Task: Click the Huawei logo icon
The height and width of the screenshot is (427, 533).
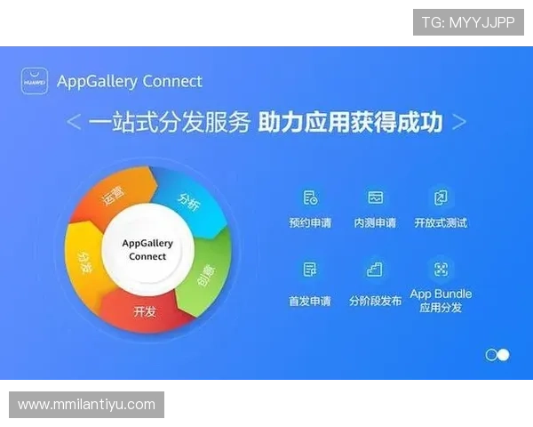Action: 35,81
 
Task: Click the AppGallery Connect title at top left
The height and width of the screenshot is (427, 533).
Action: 130,81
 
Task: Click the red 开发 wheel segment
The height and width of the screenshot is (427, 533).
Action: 145,311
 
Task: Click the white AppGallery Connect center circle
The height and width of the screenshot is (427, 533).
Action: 147,250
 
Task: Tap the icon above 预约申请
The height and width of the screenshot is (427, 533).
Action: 310,197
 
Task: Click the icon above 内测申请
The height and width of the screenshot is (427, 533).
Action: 375,197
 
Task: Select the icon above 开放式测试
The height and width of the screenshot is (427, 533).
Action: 440,197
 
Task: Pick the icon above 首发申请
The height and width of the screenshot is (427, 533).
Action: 310,270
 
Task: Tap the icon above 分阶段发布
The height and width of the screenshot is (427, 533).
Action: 375,270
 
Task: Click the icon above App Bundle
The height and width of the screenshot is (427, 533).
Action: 440,270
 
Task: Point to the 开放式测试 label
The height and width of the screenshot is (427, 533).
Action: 441,222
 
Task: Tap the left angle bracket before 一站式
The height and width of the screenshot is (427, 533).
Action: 75,124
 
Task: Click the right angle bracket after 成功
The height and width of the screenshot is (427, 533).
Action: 458,123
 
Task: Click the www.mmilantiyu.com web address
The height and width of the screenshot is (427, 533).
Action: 86,405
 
